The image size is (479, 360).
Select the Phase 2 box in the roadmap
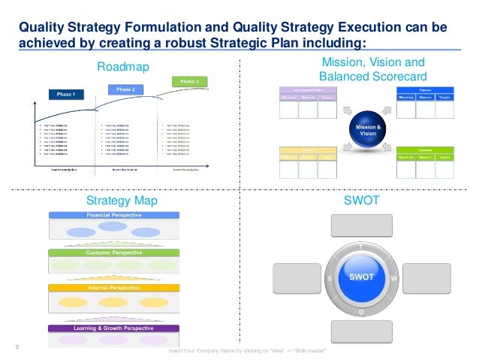click(125, 89)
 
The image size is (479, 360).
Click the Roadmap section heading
click(124, 68)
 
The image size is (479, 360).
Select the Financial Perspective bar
click(113, 216)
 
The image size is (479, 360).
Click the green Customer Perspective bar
click(113, 253)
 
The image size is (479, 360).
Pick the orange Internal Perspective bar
click(113, 288)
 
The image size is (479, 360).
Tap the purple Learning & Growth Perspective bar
click(113, 328)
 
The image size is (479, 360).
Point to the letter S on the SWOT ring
click(330, 278)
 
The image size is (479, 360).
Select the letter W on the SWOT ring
click(393, 278)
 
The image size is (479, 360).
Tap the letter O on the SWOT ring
click(361, 310)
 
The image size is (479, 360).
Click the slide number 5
click(17, 346)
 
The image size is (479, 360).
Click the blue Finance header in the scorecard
click(426, 89)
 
